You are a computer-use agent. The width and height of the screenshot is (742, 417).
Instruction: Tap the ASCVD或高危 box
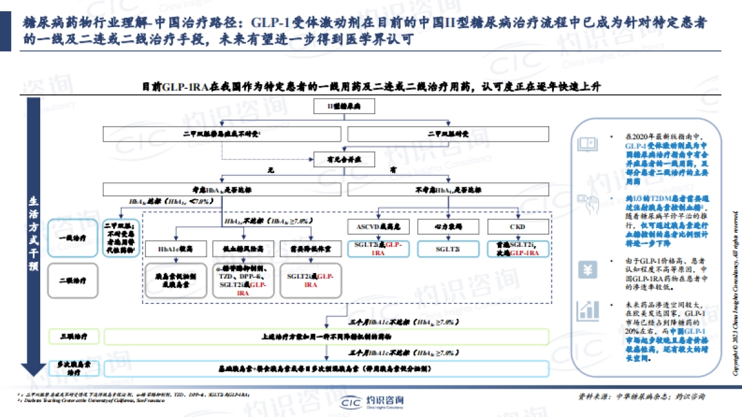[x=378, y=227]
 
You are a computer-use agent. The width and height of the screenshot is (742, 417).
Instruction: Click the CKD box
[x=516, y=227]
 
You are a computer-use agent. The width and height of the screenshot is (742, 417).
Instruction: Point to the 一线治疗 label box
[x=73, y=237]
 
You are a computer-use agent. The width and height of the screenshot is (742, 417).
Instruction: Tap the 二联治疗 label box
[x=73, y=280]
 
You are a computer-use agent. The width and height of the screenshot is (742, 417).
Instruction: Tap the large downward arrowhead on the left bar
[x=33, y=368]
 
